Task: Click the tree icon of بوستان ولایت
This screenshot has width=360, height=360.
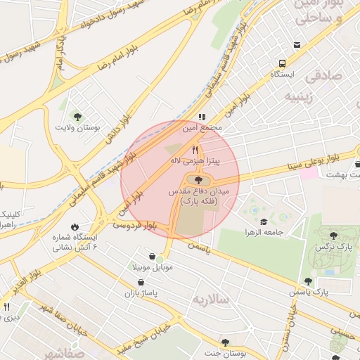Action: point(77,117)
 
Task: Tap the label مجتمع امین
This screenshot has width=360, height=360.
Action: point(202,128)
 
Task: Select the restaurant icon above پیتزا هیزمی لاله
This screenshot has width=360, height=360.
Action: point(195,150)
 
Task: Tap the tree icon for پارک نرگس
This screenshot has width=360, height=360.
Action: point(333,236)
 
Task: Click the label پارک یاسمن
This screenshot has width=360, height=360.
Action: point(311,291)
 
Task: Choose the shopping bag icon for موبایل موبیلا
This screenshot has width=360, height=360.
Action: point(152,257)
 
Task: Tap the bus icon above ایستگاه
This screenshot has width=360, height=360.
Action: point(282,63)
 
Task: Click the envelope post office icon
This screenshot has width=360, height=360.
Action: point(297,45)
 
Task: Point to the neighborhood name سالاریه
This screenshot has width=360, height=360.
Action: point(212,299)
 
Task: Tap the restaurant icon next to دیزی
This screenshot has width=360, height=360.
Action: point(7,307)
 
